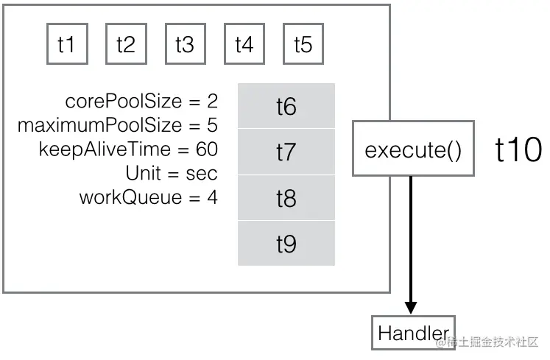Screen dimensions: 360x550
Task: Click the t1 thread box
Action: point(66,44)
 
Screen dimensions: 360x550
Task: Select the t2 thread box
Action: point(126,44)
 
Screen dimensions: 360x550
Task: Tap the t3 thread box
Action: point(185,44)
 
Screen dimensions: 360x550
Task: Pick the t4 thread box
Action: point(244,44)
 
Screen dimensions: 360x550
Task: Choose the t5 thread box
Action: point(303,44)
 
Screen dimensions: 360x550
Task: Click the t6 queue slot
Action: point(286,106)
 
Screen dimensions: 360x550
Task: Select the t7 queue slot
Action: point(286,152)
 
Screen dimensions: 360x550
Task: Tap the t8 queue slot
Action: point(286,197)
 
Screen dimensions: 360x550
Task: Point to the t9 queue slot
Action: point(286,243)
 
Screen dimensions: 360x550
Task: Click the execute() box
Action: point(412,150)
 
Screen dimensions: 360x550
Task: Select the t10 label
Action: point(518,150)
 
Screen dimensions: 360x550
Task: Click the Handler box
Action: point(412,333)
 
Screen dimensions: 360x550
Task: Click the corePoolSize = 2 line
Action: point(141,101)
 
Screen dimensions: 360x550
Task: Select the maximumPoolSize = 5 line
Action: point(118,125)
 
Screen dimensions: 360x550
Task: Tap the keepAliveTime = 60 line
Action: point(128,149)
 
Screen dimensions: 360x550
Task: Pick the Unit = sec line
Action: point(172,174)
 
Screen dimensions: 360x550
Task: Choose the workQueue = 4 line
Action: point(148,197)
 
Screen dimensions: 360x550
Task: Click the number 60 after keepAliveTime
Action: point(207,149)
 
